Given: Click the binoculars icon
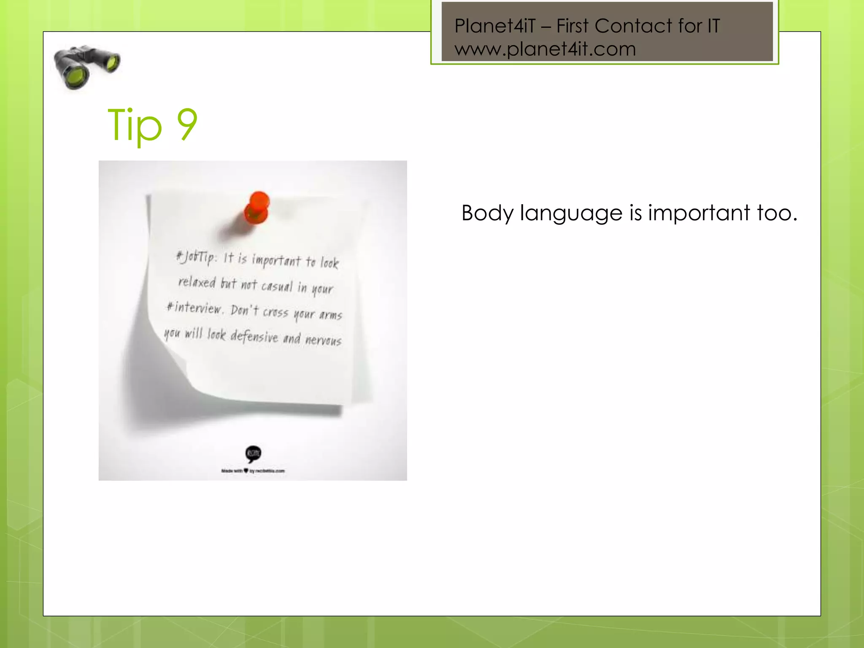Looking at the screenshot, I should [86, 67].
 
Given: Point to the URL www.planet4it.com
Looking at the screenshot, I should [545, 49].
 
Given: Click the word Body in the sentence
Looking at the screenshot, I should [487, 213].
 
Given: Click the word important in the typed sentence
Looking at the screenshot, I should [699, 213].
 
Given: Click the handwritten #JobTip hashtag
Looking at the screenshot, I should [195, 256].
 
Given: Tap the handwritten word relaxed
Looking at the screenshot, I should [197, 282].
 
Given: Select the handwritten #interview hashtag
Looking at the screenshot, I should [194, 308].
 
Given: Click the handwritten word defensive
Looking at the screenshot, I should [254, 336].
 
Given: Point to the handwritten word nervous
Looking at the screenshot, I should [323, 340].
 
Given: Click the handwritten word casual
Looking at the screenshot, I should [277, 286].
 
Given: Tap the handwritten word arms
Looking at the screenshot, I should [331, 315].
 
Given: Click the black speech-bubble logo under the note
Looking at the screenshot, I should [253, 454].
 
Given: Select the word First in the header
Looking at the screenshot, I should [572, 26].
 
